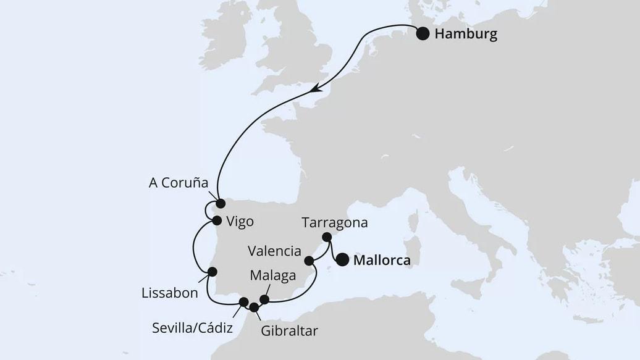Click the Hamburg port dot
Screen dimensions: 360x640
click(x=423, y=33)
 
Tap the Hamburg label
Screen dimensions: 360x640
click(x=466, y=34)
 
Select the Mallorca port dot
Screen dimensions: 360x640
click(x=342, y=260)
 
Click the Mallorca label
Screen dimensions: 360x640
click(x=382, y=261)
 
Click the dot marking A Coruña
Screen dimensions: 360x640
click(x=220, y=203)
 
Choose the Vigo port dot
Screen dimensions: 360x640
click(x=217, y=220)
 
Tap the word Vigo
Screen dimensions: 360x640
click(x=240, y=222)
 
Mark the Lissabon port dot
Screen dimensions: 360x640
click(x=212, y=272)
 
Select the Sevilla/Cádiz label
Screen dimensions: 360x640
click(x=192, y=328)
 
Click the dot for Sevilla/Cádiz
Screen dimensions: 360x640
click(x=243, y=302)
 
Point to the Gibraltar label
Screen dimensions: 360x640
click(x=289, y=332)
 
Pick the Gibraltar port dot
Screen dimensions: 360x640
click(x=254, y=307)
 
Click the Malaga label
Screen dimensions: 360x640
click(x=274, y=276)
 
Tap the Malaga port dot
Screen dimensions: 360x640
click(x=264, y=299)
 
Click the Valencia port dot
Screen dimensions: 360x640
click(x=309, y=261)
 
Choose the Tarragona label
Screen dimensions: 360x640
click(x=335, y=223)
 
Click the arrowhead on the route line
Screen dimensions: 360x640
click(x=316, y=89)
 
